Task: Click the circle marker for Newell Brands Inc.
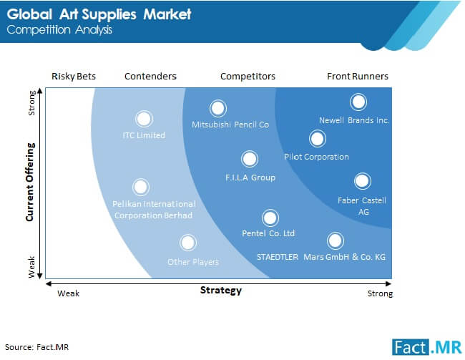358,102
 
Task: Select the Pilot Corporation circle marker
318,139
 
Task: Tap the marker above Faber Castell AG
362,181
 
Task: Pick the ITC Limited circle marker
144,119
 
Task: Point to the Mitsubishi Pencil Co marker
218,108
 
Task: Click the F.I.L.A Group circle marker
250,159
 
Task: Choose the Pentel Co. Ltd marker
270,218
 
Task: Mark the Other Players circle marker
187,243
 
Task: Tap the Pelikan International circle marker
140,187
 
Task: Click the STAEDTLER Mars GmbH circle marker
335,240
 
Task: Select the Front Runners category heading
358,77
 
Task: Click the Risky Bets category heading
74,77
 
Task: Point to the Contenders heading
150,77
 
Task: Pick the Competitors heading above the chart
248,77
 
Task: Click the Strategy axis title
221,291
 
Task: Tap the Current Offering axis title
30,182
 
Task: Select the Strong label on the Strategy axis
380,293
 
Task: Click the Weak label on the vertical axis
31,267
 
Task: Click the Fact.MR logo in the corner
427,346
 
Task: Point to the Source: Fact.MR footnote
36,347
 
